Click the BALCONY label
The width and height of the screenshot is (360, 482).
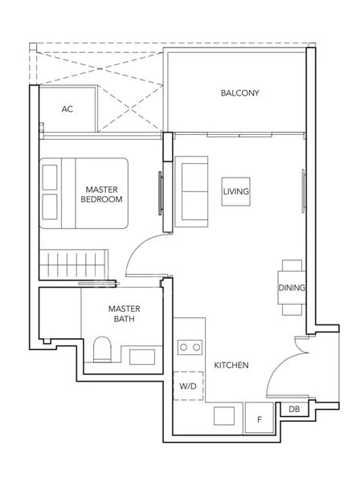coord(239,93)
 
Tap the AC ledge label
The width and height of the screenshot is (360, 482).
coord(67,108)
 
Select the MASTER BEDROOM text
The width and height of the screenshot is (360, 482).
coord(101,194)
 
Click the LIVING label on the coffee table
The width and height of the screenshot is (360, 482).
coord(235,191)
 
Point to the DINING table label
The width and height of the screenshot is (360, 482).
coord(292,288)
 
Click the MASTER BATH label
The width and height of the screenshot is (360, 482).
coord(125,313)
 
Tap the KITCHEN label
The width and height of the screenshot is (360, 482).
coord(231,366)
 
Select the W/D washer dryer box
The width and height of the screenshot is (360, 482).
coord(188,386)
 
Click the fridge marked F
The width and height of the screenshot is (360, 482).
coord(260,418)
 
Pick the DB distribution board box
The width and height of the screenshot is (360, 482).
coord(294,409)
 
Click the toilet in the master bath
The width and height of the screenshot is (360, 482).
coord(102,349)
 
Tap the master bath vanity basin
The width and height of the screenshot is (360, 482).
coord(142,357)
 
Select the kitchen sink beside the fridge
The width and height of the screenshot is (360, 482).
coord(224,416)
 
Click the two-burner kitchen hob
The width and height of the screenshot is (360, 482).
coord(190,347)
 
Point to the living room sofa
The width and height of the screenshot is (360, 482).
coord(191,191)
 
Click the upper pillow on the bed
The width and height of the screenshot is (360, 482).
coord(50,178)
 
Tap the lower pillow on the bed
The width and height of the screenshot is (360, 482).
coord(50,207)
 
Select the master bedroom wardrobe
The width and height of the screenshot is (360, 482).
coord(74,264)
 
